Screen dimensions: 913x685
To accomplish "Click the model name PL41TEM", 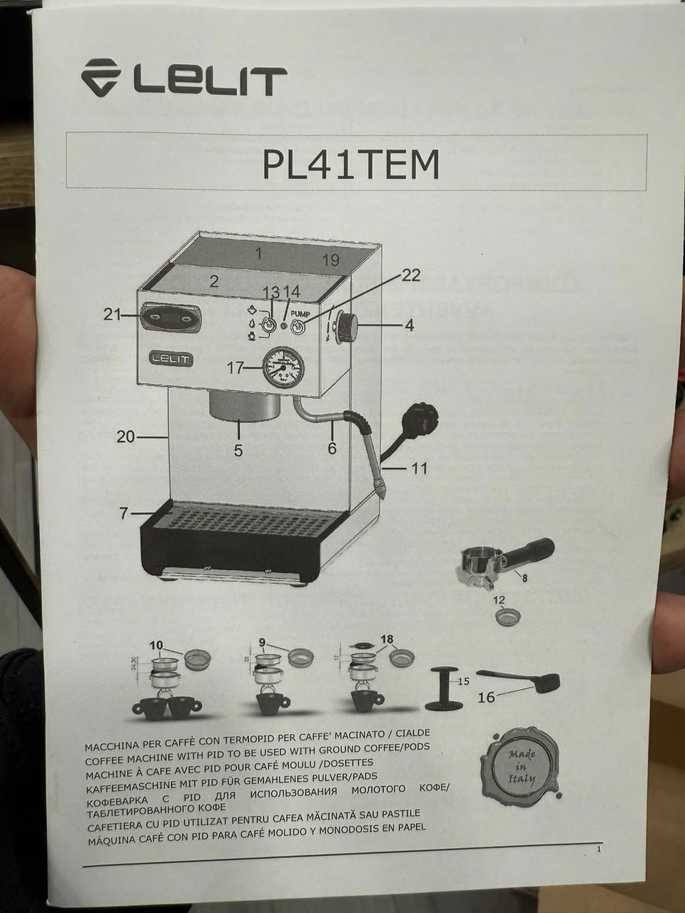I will pos(350,163).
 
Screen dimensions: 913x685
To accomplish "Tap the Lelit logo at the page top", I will pos(183,78).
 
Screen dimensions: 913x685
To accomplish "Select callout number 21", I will pos(112,314).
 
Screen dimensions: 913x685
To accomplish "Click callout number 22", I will pos(411,275).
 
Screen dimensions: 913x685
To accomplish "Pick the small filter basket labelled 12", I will pos(505,618).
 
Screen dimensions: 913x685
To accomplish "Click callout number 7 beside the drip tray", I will pos(124,513).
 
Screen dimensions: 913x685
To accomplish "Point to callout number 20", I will pos(126,436).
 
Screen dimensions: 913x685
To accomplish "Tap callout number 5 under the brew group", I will pos(238,450).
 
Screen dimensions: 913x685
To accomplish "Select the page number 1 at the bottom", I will pos(599,850).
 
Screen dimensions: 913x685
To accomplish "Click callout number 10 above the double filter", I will pos(156,645).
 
